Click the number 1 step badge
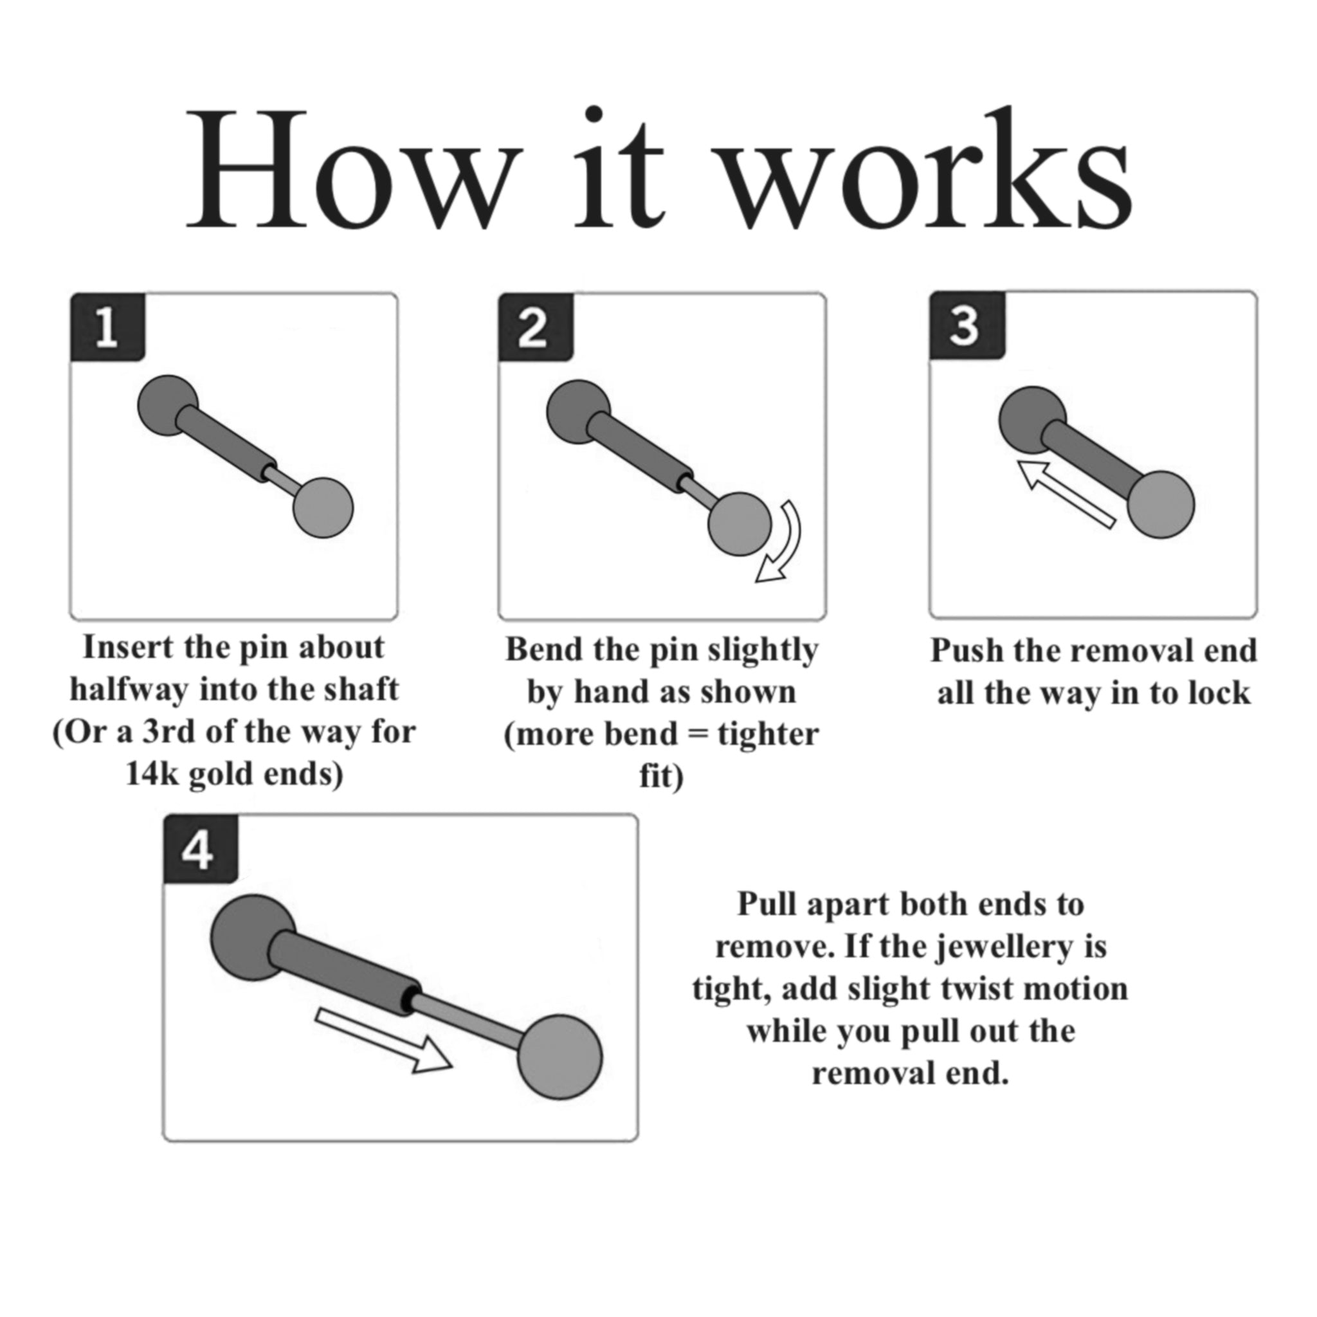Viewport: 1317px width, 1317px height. click(107, 327)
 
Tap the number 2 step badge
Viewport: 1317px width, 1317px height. click(535, 327)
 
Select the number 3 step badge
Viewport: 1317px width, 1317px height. click(967, 325)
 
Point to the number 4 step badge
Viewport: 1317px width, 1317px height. click(201, 849)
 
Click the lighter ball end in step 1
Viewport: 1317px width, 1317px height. click(323, 508)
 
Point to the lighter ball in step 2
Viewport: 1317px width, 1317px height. click(740, 524)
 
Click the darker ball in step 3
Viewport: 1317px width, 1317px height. click(1032, 420)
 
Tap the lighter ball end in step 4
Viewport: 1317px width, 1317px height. click(559, 1057)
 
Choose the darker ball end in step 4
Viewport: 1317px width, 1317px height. click(252, 938)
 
